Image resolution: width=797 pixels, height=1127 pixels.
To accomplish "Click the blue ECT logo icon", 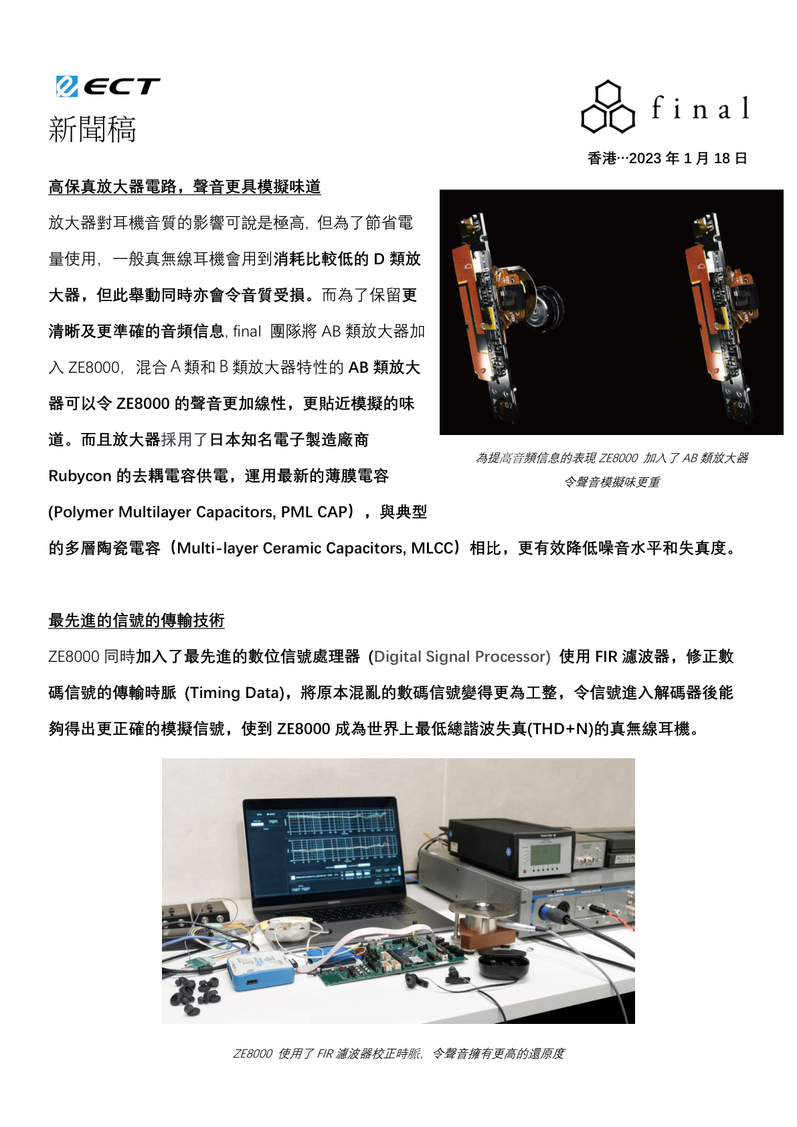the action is pyautogui.click(x=67, y=86).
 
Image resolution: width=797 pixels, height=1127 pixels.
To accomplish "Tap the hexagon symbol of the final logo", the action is pyautogui.click(x=608, y=106).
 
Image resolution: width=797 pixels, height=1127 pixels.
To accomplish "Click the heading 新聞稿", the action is pyautogui.click(x=92, y=128).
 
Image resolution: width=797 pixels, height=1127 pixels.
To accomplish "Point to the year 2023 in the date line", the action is pyautogui.click(x=645, y=159).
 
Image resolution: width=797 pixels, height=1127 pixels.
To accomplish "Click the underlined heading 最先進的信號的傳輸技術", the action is pyautogui.click(x=137, y=620).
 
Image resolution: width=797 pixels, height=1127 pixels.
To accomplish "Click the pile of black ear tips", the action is pyautogui.click(x=195, y=992).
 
